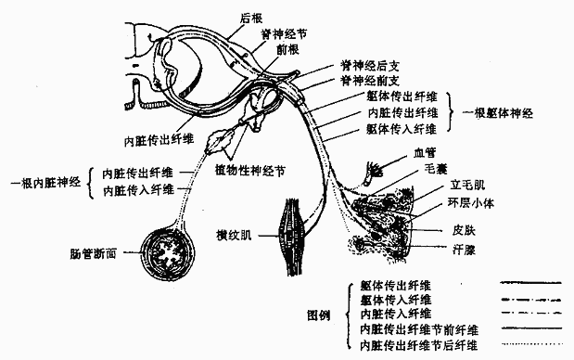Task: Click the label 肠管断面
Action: pos(96,252)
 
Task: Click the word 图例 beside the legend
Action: pos(319,314)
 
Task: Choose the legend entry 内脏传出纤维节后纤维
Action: pos(419,345)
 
